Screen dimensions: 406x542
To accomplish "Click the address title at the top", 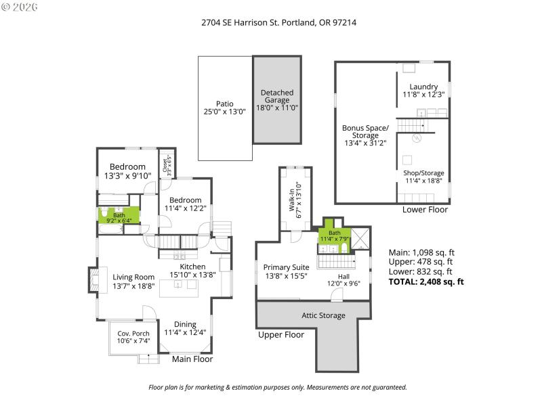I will pos(278,22).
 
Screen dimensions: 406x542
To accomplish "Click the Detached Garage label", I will pos(277,99).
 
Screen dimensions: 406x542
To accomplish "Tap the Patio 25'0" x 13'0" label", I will pos(220,108).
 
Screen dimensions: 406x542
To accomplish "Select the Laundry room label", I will pos(423,90).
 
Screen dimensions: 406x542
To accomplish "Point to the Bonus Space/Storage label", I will pos(365,135).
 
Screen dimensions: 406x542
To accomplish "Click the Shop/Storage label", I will pos(423,176).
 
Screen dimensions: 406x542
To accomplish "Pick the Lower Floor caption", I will pos(425,210).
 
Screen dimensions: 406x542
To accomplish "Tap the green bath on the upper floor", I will pos(335,235).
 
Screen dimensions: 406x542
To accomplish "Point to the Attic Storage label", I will pos(323,315).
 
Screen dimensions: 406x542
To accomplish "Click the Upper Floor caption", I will pos(281,334).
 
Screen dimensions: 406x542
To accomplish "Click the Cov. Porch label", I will pos(133,336).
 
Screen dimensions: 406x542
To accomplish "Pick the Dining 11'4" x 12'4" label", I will pos(186,328).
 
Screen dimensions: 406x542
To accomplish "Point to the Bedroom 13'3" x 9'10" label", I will pos(127,171).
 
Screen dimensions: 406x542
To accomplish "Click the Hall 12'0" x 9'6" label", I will pos(343,280).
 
